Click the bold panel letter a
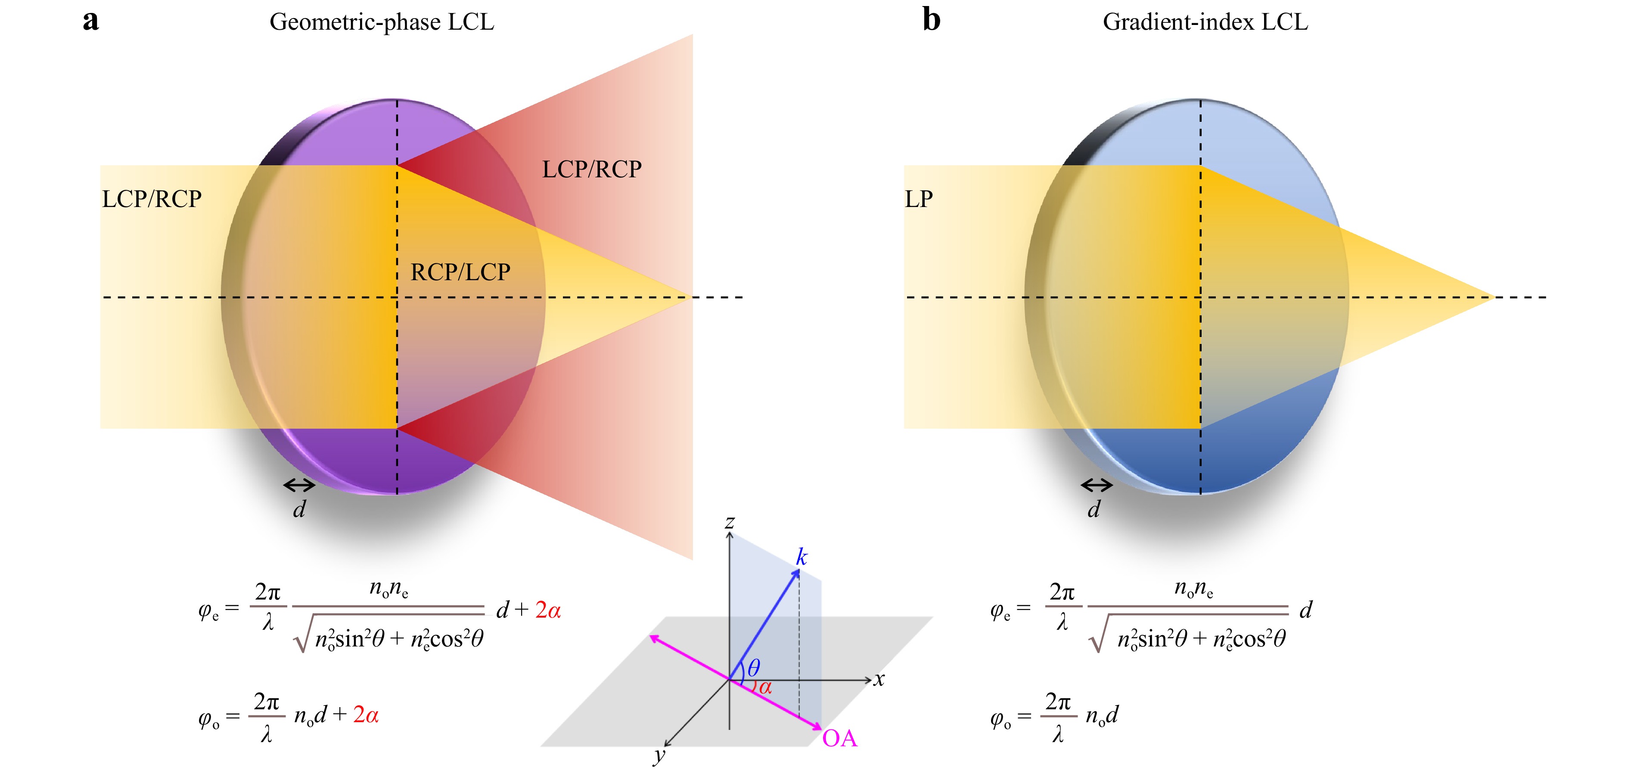pyautogui.click(x=91, y=20)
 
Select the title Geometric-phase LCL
pyautogui.click(x=382, y=22)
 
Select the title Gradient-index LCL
pyautogui.click(x=1205, y=22)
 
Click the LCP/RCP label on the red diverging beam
pyautogui.click(x=591, y=169)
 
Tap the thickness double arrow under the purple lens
pyautogui.click(x=299, y=485)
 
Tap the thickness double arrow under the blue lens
pyautogui.click(x=1097, y=485)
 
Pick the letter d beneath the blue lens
pyautogui.click(x=1094, y=509)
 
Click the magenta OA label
pyautogui.click(x=839, y=739)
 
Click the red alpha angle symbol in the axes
pyautogui.click(x=765, y=687)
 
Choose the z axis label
pyautogui.click(x=730, y=522)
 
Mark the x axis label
pyautogui.click(x=879, y=680)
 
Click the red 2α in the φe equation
pyautogui.click(x=548, y=610)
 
